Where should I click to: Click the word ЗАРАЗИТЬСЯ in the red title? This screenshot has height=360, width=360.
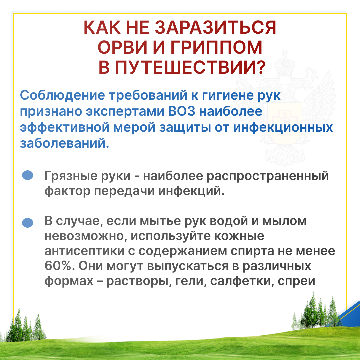[215, 28]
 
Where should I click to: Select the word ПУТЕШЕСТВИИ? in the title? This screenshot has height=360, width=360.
[190, 67]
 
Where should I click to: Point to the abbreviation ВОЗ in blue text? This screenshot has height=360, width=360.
[182, 111]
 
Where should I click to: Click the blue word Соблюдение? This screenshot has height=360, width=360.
[62, 96]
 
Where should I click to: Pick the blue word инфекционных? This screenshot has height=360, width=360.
[283, 128]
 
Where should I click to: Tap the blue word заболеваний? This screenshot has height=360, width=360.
[65, 143]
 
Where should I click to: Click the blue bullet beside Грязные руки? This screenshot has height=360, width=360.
[28, 175]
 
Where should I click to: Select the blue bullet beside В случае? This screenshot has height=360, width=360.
[28, 223]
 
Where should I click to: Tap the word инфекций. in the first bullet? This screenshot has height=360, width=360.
[191, 191]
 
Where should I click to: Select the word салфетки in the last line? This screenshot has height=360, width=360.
[242, 281]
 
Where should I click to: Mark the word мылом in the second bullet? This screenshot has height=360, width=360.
[284, 221]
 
